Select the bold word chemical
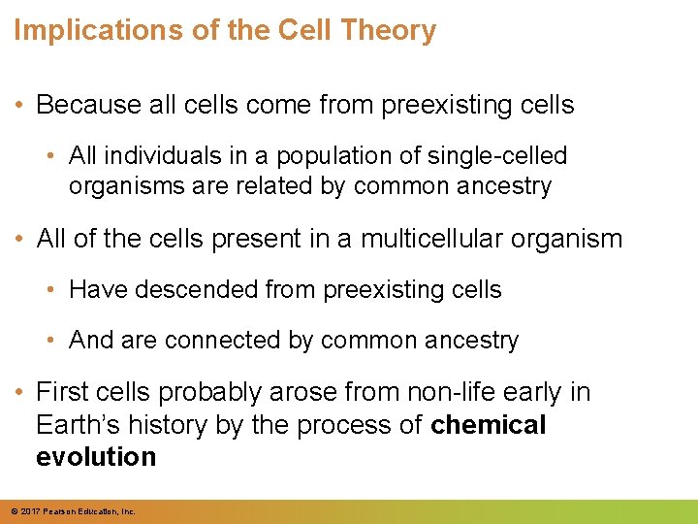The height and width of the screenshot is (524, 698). tap(489, 425)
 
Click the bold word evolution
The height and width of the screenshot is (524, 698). tap(96, 457)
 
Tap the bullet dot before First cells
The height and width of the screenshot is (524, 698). tap(21, 393)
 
